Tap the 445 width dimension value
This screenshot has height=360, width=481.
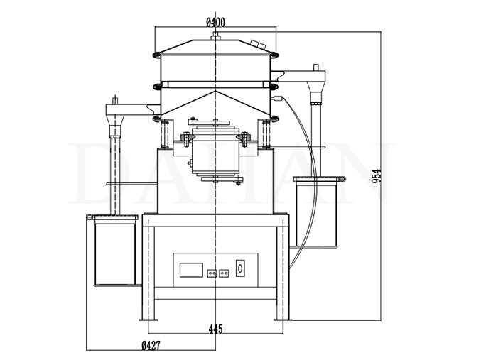click(x=216, y=328)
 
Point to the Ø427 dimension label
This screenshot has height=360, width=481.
click(x=149, y=346)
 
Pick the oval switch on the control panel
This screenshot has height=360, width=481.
click(x=239, y=269)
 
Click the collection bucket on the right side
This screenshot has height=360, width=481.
click(x=315, y=212)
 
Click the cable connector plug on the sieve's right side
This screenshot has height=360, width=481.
click(x=281, y=98)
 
